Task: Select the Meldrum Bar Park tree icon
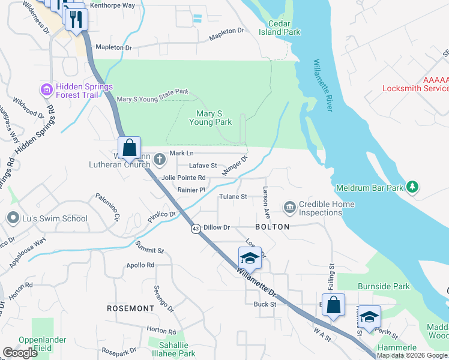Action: point(412,187)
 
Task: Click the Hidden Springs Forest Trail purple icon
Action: point(46,90)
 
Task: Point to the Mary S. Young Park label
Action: point(210,118)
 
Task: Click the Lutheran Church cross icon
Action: point(159,159)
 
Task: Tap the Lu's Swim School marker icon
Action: point(11,218)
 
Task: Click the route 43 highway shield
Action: point(196,229)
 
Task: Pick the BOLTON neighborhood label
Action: point(273,227)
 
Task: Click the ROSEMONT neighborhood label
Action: point(130,308)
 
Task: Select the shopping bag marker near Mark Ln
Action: point(129,147)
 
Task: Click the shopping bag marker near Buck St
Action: point(333,304)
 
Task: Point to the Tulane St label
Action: point(233,197)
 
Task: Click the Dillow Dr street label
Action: point(217,227)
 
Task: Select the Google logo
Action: point(20,353)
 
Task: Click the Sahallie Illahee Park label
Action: point(177,349)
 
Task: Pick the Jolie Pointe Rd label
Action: point(184,178)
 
